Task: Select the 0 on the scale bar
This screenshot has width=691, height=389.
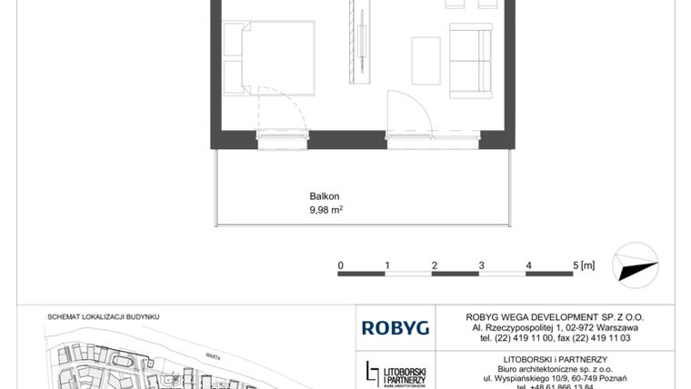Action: tap(340, 265)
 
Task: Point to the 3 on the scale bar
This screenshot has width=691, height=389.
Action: tap(482, 265)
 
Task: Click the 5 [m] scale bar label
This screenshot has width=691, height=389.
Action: tap(584, 265)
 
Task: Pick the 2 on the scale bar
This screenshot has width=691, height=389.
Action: tap(435, 265)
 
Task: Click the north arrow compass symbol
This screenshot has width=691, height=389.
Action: tap(636, 265)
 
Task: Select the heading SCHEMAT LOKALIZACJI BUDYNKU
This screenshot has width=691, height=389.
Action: tap(103, 317)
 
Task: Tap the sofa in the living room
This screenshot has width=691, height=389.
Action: tap(473, 62)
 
